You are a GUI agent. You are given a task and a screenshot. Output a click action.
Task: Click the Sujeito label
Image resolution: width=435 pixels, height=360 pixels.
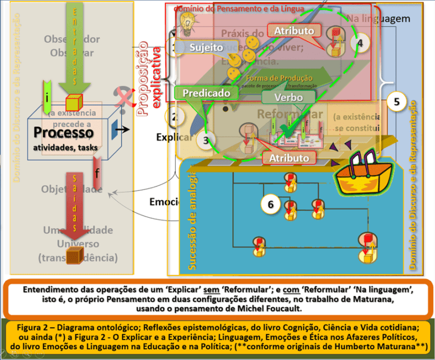click(x=206, y=48)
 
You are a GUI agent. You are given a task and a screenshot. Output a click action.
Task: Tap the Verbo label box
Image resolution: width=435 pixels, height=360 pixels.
click(x=289, y=98)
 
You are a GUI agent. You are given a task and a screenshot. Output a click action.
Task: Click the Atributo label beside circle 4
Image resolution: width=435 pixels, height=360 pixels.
click(x=294, y=31)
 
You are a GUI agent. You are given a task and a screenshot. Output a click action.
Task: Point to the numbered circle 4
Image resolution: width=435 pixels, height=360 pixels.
click(x=361, y=42)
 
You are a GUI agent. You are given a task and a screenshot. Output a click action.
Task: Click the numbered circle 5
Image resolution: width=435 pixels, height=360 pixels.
click(x=396, y=102)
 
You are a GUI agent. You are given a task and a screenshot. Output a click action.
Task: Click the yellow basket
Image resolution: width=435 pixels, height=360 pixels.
click(x=357, y=173)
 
